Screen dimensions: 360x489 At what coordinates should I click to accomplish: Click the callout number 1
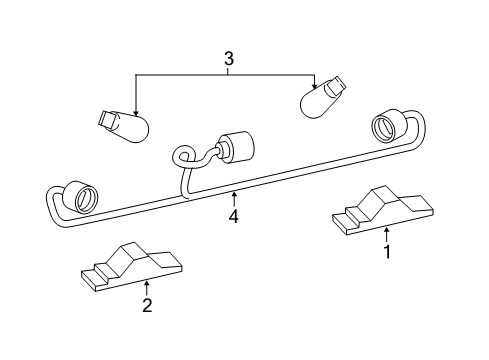pos(387,253)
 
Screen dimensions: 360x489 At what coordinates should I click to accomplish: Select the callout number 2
pos(146,306)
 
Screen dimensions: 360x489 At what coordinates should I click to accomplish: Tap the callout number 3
pos(230,60)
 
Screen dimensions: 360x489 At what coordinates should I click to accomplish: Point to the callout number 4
pos(233,215)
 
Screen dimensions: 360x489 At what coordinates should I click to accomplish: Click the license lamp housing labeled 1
pos(383,211)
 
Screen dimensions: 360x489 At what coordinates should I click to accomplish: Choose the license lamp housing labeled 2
pos(133,269)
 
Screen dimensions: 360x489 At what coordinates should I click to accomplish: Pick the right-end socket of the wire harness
pos(388,126)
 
